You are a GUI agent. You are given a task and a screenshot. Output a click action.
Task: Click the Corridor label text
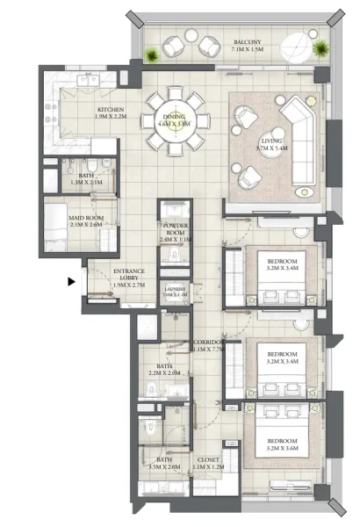tap(206, 345)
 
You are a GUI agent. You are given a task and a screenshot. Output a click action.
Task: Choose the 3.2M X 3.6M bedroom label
tap(283, 443)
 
